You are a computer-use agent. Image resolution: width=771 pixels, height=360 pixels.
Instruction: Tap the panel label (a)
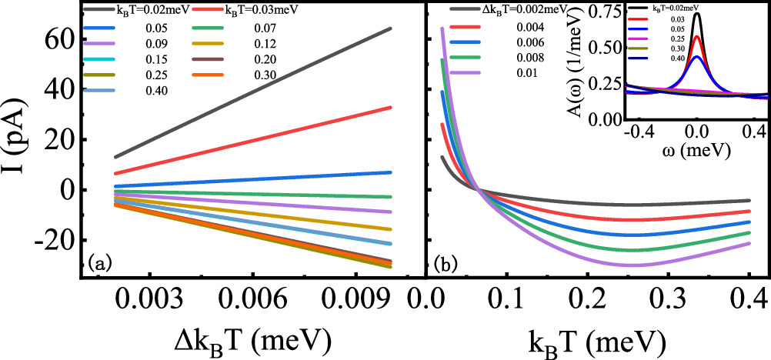(101, 263)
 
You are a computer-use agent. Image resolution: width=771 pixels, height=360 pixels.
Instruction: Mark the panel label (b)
(446, 263)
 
